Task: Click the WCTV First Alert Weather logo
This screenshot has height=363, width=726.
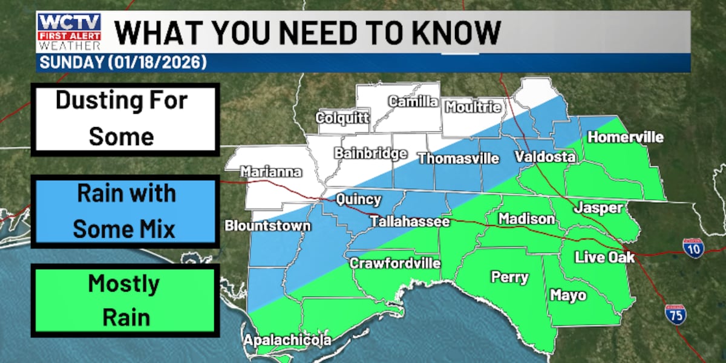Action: point(69,32)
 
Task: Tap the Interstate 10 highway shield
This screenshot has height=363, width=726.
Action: point(693,248)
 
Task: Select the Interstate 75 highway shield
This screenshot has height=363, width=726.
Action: point(675,314)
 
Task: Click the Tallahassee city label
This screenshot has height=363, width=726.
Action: point(410,222)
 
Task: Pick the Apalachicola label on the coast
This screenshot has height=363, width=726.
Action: point(287,341)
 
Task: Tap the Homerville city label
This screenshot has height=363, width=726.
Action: point(626,137)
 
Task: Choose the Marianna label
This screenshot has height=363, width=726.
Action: point(271,172)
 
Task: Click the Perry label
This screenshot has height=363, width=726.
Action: point(509,278)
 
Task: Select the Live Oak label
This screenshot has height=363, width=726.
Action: point(604,257)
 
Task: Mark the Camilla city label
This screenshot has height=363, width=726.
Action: point(413,102)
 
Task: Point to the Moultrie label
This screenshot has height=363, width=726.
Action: point(474,108)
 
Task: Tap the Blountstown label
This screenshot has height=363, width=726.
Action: point(267,226)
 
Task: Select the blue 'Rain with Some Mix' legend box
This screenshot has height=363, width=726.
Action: point(125,211)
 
